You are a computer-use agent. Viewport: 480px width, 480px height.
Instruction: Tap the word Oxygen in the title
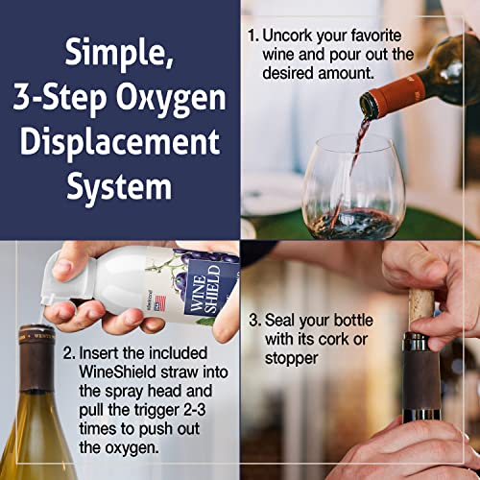171,99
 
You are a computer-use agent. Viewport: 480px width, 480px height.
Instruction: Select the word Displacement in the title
120,142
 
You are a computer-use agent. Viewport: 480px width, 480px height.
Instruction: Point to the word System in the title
119,186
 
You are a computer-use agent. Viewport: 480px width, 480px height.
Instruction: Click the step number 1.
252,36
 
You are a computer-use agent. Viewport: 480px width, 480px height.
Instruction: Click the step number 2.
69,353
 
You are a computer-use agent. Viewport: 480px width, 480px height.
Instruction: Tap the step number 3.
255,320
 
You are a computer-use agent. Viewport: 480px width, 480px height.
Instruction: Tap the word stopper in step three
291,359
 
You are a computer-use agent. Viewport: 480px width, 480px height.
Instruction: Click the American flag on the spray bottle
160,303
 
